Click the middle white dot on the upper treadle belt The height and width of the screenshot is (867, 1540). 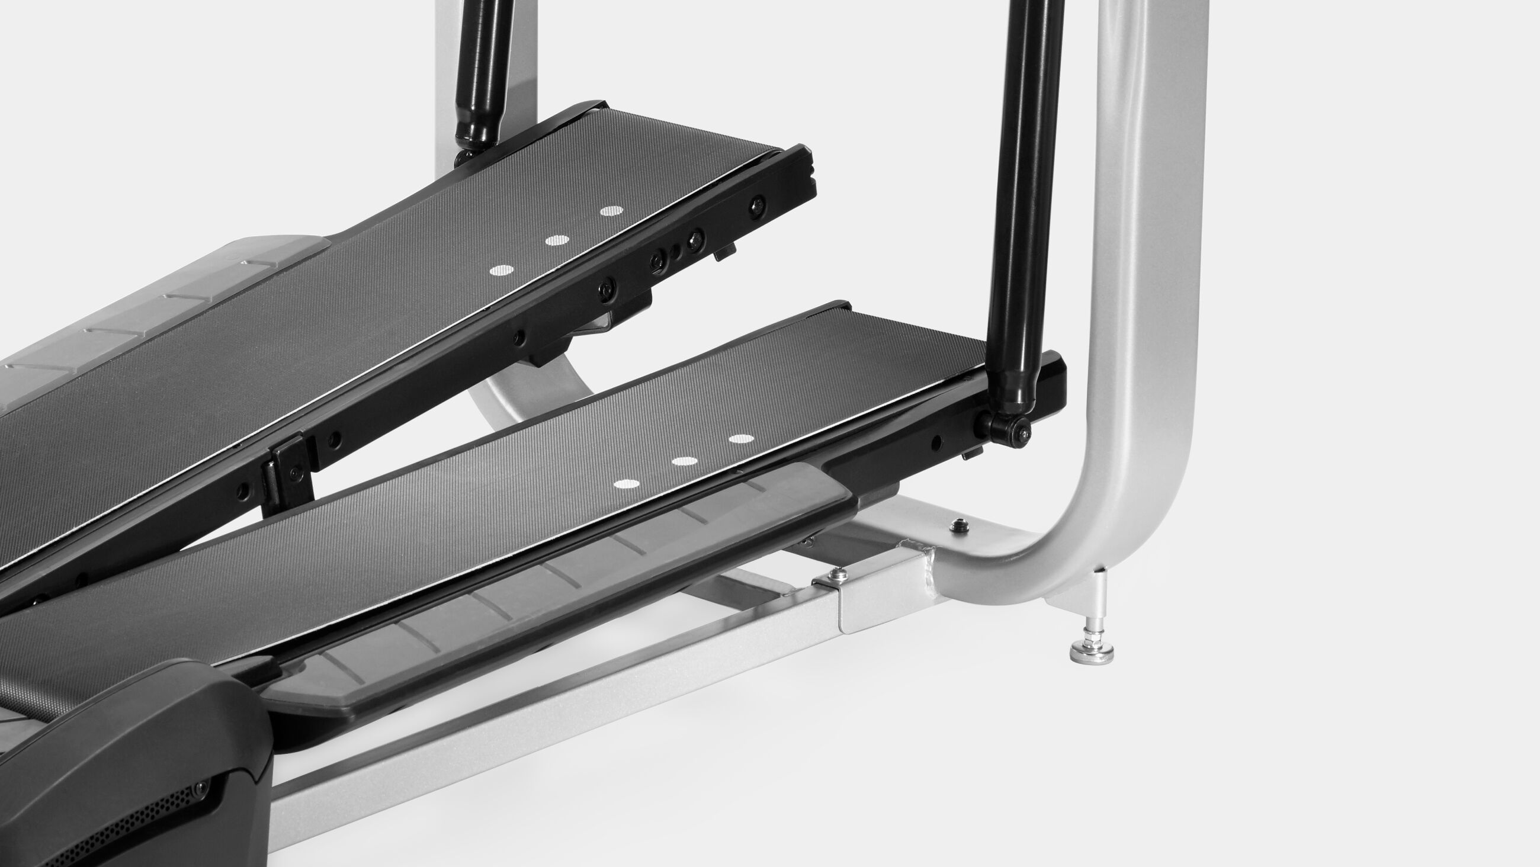pos(557,240)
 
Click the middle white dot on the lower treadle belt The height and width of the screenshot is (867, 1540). pos(685,461)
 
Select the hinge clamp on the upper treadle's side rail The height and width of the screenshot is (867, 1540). pos(290,473)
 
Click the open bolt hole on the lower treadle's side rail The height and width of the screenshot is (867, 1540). pos(937,442)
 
